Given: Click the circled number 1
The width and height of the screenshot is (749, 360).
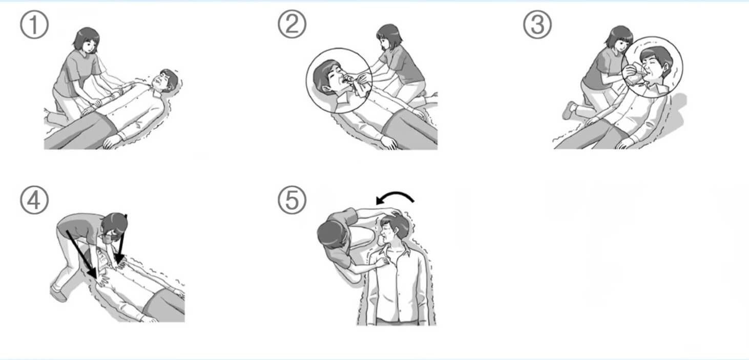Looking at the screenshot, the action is [34, 25].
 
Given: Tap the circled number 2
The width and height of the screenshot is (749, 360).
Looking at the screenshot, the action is [292, 24].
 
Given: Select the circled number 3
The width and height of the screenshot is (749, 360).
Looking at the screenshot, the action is [537, 25].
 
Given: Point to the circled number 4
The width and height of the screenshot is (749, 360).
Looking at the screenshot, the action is [34, 200].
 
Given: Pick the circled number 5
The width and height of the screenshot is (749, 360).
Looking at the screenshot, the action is [292, 200].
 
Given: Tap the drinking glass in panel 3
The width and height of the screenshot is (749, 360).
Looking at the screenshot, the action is [635, 76].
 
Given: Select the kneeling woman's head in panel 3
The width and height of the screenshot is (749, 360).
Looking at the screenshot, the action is [619, 39].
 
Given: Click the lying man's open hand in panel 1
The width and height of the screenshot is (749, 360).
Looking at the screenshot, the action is [111, 142].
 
